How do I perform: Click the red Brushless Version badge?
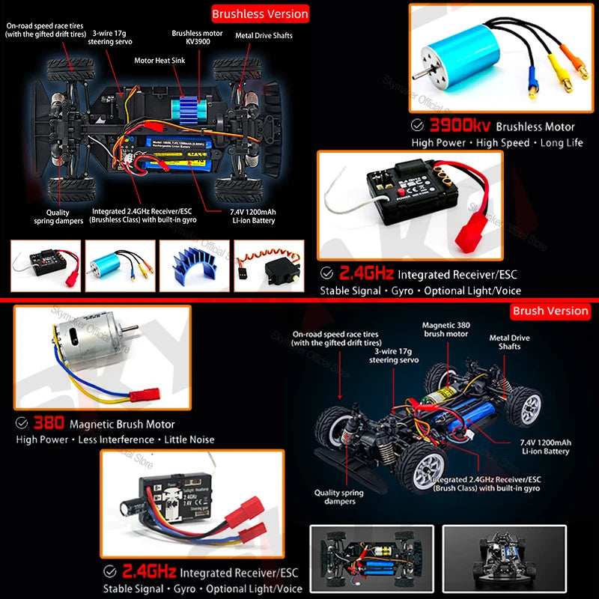pyautogui.click(x=260, y=13)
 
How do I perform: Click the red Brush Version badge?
pyautogui.click(x=550, y=310)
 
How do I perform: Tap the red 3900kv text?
pyautogui.click(x=460, y=126)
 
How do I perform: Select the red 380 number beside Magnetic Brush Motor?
pyautogui.click(x=49, y=423)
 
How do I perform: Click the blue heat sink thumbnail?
pyautogui.click(x=190, y=264)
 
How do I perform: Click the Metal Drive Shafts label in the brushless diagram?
pyautogui.click(x=264, y=35)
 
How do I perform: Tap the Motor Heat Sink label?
pyautogui.click(x=159, y=61)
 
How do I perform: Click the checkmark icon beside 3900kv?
pyautogui.click(x=418, y=126)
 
